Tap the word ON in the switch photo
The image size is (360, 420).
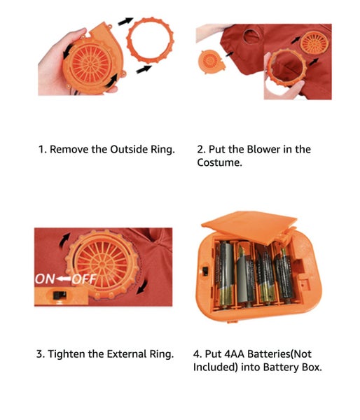(45, 279)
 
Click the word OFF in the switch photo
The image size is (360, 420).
(84, 279)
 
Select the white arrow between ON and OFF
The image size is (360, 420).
(63, 279)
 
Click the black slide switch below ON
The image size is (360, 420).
(60, 295)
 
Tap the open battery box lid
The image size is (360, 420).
(249, 225)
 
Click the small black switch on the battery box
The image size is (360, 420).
(205, 271)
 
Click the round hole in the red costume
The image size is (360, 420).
(251, 36)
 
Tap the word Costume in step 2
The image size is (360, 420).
(219, 162)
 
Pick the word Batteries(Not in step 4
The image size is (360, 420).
(279, 353)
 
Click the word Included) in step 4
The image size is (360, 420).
(216, 367)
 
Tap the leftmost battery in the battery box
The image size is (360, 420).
(225, 274)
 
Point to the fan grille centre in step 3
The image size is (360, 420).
(102, 265)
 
